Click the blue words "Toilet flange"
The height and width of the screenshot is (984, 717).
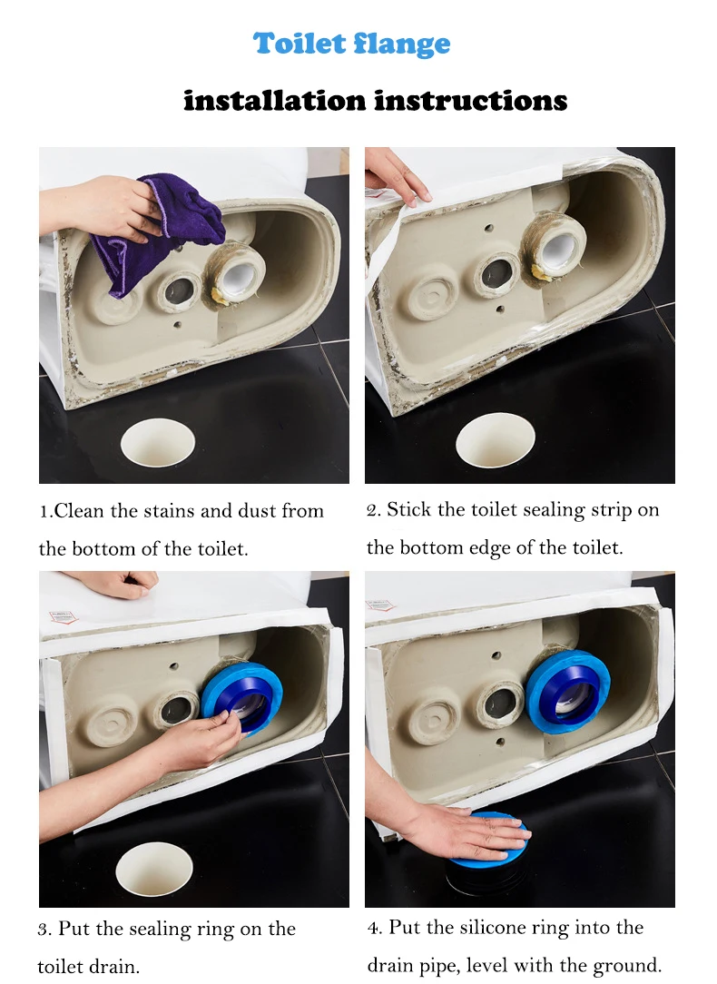click(x=352, y=44)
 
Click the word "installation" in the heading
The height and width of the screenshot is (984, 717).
click(x=274, y=101)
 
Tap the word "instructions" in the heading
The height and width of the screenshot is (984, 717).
click(x=471, y=101)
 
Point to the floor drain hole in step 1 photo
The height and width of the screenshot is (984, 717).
click(x=157, y=442)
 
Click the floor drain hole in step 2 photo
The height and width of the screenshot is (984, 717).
click(x=495, y=440)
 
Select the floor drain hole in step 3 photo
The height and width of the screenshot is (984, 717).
click(x=154, y=869)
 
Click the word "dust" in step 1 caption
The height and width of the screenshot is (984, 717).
click(x=257, y=511)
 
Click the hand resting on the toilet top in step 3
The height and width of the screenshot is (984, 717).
click(x=119, y=584)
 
